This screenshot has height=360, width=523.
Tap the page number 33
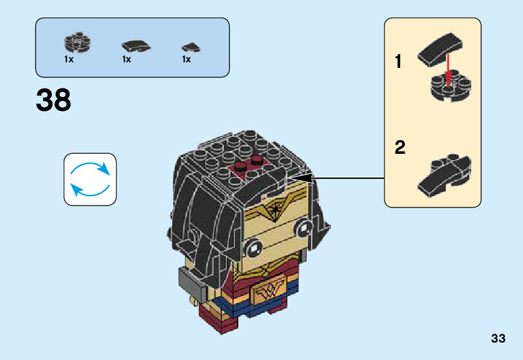pyautogui.click(x=498, y=339)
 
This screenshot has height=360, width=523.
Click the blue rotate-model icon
pyautogui.click(x=90, y=179)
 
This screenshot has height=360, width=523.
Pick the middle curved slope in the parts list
pyautogui.click(x=135, y=46)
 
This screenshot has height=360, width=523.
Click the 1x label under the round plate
pyautogui.click(x=69, y=60)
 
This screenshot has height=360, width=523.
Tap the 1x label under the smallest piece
pyautogui.click(x=186, y=60)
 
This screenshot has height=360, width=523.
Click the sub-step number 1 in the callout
pyautogui.click(x=399, y=62)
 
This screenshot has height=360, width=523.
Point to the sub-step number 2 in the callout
pyautogui.click(x=400, y=148)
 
